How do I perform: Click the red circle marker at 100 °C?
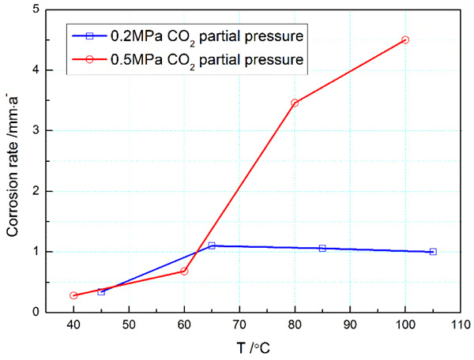click(x=405, y=39)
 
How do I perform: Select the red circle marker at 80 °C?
click(x=295, y=103)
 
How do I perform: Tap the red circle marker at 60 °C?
click(x=184, y=271)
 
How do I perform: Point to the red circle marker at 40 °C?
click(x=73, y=295)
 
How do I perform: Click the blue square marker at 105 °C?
click(x=433, y=252)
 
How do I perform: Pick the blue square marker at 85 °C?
click(x=322, y=248)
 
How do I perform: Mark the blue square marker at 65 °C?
click(x=212, y=246)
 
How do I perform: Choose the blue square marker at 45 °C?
click(x=101, y=291)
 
